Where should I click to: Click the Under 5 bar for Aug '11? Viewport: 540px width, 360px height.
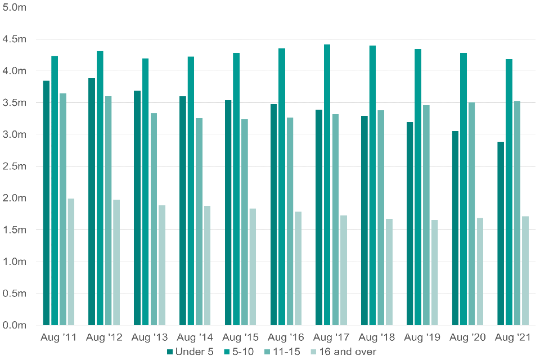pyautogui.click(x=46, y=203)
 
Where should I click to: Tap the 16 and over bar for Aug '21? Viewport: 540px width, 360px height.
pyautogui.click(x=525, y=271)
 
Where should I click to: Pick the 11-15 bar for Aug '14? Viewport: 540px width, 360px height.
pyautogui.click(x=199, y=222)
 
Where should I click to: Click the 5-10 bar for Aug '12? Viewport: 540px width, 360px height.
pyautogui.click(x=100, y=188)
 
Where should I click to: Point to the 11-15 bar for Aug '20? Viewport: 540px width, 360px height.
pyautogui.click(x=471, y=214)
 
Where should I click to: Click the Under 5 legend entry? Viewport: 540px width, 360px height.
pyautogui.click(x=190, y=352)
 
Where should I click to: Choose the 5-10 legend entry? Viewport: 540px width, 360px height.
pyautogui.click(x=240, y=352)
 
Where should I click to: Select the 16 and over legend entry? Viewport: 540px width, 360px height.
pyautogui.click(x=342, y=352)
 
